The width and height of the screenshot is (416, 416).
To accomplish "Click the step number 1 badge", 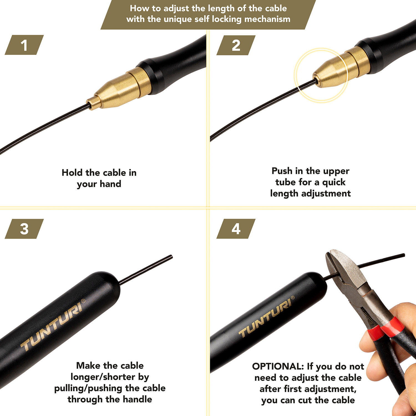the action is coord(24,45).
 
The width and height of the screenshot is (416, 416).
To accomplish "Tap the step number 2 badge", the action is coord(236,45).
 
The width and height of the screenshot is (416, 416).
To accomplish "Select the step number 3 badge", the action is coord(24,229).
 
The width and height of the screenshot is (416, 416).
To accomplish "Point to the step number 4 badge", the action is coord(236,229).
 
